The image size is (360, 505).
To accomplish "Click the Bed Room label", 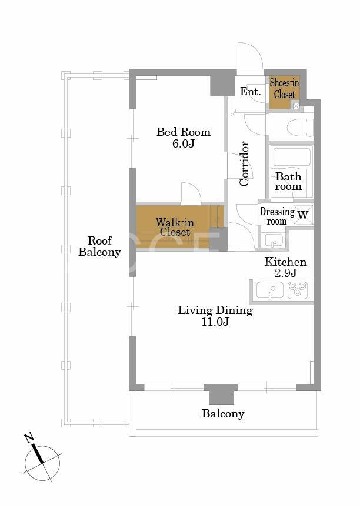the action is (184, 132).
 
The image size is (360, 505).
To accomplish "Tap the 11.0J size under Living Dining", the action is (215, 322).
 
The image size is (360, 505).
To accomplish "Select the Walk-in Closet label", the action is (175, 227).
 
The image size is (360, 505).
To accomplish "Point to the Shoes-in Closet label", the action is (284, 89).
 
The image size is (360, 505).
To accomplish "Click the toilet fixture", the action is (300, 128).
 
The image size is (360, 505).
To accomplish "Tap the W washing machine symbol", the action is (303, 215).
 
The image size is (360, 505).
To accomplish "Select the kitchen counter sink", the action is (270, 290).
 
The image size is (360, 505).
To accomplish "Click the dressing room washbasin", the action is (274, 240).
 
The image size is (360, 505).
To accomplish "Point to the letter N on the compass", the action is (29, 438).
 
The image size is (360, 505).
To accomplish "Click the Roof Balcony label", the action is (99, 246).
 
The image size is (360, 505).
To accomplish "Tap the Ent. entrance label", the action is (251, 92).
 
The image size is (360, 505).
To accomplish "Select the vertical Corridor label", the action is (244, 163).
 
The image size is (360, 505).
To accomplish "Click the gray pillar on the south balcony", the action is (221, 394).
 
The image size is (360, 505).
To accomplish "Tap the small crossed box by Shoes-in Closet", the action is (296, 105).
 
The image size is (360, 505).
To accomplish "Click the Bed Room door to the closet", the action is (191, 193).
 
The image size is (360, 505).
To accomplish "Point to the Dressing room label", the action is (277, 216).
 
